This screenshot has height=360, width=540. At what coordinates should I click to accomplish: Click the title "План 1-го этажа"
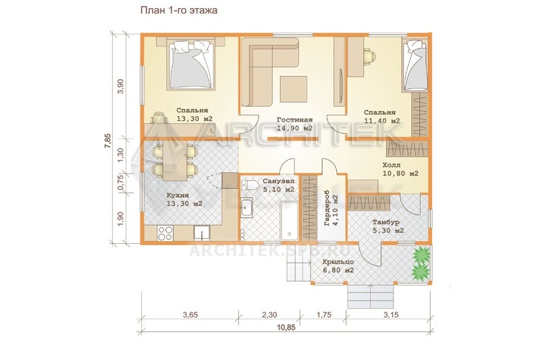(179, 10)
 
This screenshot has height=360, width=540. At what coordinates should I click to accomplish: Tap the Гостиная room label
(295, 120)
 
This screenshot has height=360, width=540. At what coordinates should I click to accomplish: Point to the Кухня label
(178, 195)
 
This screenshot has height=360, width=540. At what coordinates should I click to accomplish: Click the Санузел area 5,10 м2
(278, 190)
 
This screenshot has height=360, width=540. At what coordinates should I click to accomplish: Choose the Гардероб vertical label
(327, 209)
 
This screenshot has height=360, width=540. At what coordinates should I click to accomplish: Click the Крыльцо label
(338, 262)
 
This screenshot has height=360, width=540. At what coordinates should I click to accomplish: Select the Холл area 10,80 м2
(400, 174)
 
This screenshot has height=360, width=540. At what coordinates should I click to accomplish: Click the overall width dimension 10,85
(286, 328)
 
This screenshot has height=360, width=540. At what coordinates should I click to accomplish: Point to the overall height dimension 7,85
(108, 140)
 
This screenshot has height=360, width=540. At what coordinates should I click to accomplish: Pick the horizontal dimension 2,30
(269, 315)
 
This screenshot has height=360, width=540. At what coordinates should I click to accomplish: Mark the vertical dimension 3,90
(121, 86)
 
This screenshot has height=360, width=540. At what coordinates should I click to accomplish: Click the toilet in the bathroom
(250, 185)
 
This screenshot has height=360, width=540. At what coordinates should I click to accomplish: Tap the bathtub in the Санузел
(289, 221)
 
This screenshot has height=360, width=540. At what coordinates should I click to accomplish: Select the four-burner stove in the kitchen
(165, 233)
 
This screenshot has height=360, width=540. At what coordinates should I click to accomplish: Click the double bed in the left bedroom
(190, 65)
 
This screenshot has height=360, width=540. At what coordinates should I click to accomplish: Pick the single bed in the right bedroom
(415, 66)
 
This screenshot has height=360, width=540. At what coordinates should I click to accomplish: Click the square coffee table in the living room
(293, 89)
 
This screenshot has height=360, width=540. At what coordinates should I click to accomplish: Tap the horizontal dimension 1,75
(323, 315)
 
